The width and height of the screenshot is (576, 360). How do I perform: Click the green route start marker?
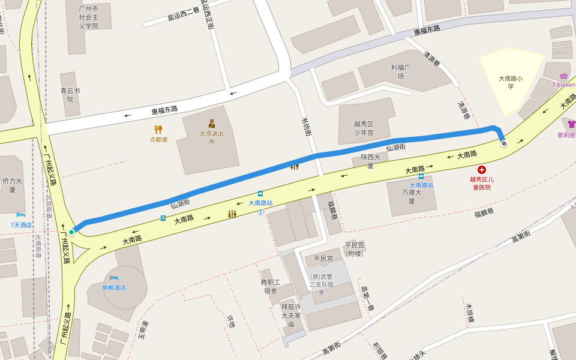[71, 232]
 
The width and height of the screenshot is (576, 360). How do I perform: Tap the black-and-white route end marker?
[503, 143]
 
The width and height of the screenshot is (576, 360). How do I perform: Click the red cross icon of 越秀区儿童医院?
[481, 170]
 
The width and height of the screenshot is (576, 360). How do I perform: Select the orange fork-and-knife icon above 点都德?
[158, 129]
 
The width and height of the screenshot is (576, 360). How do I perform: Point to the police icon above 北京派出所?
[211, 124]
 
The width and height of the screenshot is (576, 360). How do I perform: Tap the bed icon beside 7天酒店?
[21, 215]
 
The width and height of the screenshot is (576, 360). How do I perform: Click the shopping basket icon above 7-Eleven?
[563, 76]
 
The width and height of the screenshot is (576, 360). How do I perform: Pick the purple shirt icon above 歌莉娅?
[571, 124]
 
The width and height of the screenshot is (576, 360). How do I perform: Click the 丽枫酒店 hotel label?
[114, 287]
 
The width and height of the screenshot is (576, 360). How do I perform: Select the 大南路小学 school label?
[511, 82]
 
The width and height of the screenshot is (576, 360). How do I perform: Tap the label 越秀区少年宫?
[364, 128]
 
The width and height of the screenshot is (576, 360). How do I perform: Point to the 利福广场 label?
[400, 71]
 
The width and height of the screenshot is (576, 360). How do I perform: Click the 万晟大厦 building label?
[412, 197]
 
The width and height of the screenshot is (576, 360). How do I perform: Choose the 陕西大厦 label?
[371, 161]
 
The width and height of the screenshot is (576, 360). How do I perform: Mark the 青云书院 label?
[70, 95]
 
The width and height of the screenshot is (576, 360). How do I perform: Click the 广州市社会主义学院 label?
[88, 17]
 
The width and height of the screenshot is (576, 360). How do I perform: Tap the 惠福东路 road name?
[164, 110]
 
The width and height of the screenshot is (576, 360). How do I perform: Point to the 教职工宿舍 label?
[270, 286]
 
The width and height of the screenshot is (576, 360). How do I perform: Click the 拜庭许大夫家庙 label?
[291, 315]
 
